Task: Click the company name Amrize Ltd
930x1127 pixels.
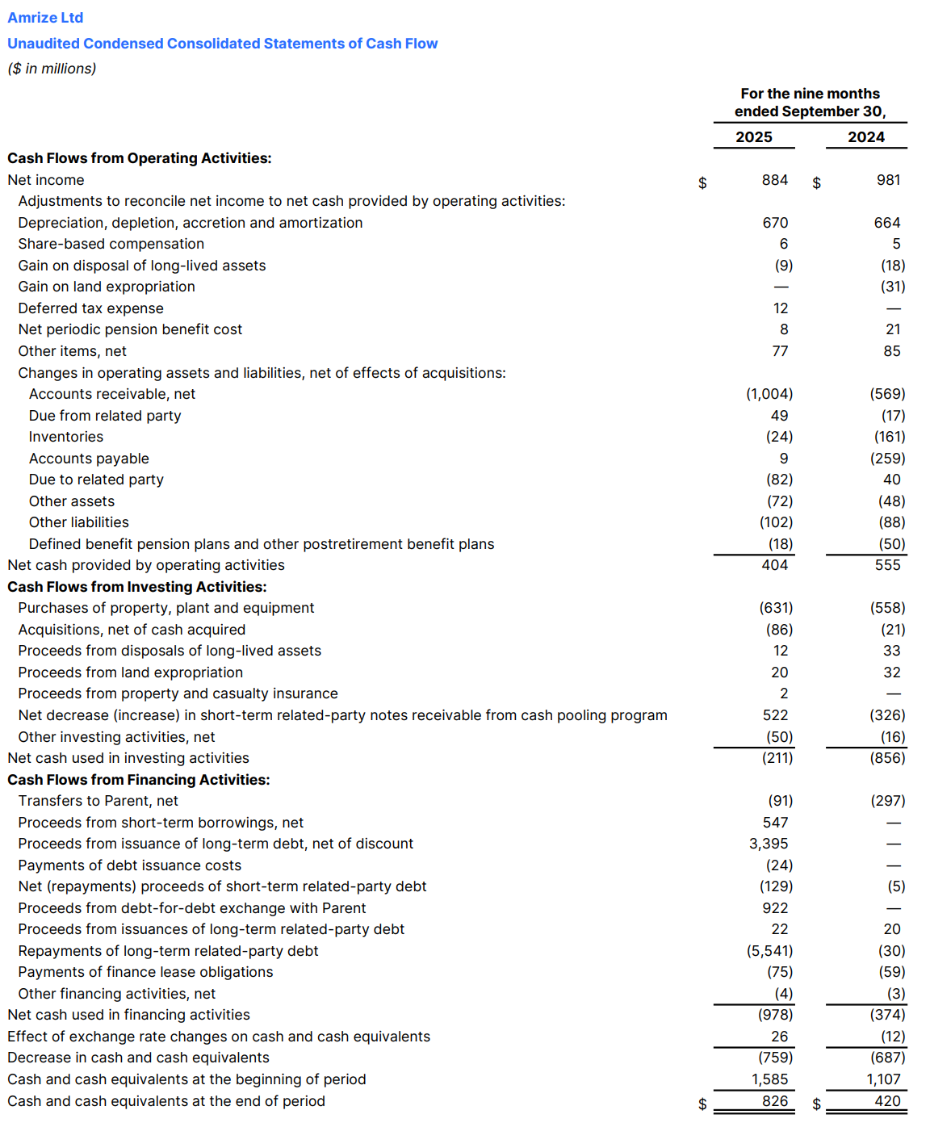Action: click(45, 18)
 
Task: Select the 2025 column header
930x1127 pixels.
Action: click(753, 137)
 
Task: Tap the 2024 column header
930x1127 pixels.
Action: click(865, 137)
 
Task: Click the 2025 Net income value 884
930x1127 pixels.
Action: click(774, 180)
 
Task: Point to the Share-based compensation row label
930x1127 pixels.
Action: click(111, 244)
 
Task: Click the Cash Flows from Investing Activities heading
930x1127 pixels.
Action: click(136, 587)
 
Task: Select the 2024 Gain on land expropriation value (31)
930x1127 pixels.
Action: click(892, 287)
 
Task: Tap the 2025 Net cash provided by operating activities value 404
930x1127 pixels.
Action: click(774, 565)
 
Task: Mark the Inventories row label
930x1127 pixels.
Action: click(66, 437)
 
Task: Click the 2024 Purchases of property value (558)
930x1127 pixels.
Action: click(887, 608)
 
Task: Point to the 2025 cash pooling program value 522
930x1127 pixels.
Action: click(775, 715)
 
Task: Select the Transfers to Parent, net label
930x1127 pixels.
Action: click(98, 801)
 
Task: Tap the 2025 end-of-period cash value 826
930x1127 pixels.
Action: click(775, 1101)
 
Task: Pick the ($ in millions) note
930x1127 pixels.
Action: click(52, 69)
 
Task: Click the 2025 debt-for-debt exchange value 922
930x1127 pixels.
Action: click(775, 908)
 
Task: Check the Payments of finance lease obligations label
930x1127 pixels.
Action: click(145, 972)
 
